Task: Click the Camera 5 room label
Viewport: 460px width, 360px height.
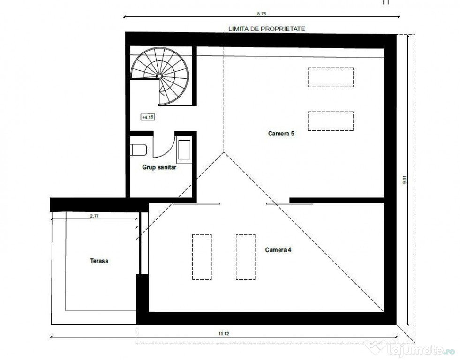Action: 281,134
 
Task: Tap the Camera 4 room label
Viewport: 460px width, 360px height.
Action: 279,250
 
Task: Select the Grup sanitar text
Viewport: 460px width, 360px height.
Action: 159,166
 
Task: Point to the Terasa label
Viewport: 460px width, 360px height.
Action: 99,261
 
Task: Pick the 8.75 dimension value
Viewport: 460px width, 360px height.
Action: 268,14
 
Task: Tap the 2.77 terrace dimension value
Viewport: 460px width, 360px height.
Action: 95,217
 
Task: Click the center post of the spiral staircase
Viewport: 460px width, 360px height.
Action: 159,75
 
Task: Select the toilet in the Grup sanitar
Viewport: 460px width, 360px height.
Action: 139,150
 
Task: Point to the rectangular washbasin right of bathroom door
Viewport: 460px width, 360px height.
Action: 184,150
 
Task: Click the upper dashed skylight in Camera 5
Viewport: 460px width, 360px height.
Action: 330,77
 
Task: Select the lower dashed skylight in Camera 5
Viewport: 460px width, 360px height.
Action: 330,120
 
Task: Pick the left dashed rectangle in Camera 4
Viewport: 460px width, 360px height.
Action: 202,257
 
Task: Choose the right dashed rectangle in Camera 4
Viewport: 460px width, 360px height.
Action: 245,257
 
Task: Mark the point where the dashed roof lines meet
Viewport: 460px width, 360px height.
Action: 224,152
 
